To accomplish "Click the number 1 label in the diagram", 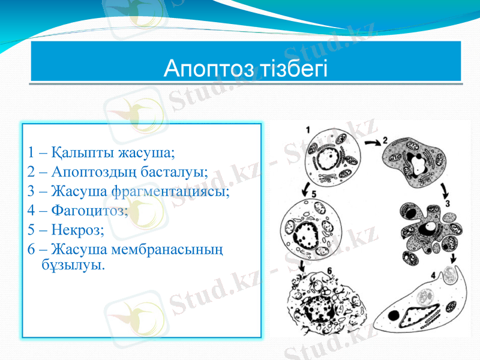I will [308, 129].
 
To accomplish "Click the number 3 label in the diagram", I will [448, 204].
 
